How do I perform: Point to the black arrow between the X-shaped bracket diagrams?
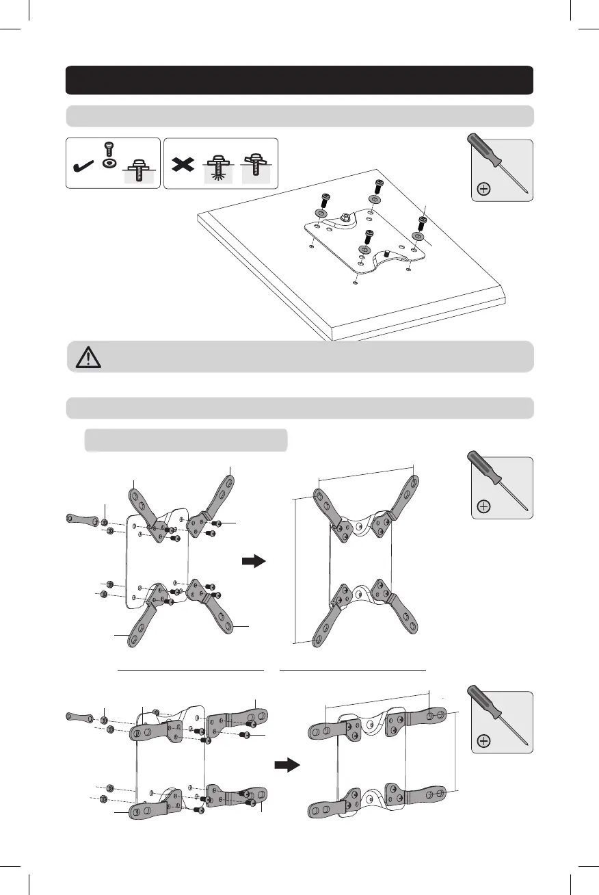point(253,562)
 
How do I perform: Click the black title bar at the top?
point(299,80)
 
